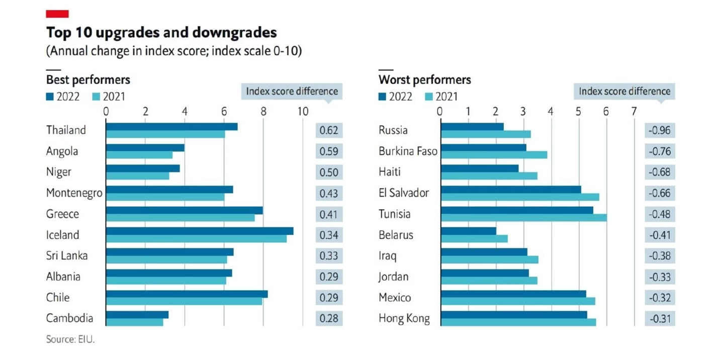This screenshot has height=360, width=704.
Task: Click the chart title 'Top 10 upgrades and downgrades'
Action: tap(161, 33)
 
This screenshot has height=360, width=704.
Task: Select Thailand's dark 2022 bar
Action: tap(171, 127)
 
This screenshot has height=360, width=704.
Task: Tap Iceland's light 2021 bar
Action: tap(196, 239)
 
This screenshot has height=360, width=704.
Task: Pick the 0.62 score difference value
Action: tap(329, 131)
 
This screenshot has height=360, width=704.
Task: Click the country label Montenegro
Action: tap(74, 193)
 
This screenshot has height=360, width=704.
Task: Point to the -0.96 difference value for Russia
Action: tap(659, 131)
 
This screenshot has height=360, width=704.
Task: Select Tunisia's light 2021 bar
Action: tap(523, 218)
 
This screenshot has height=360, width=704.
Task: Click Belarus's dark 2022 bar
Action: tap(468, 231)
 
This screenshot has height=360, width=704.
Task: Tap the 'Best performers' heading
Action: tap(88, 79)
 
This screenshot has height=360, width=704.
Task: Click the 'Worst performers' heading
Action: tap(424, 79)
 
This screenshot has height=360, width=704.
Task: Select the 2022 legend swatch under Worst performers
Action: tap(382, 97)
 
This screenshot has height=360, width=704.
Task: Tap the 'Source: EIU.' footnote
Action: tap(70, 339)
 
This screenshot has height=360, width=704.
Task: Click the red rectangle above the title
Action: tap(57, 14)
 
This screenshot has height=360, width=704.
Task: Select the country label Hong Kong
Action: tap(404, 318)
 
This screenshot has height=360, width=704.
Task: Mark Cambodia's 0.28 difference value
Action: tap(329, 318)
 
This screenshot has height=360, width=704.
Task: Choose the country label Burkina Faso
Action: tap(408, 151)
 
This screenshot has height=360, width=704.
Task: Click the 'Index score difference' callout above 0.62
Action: tap(292, 92)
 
